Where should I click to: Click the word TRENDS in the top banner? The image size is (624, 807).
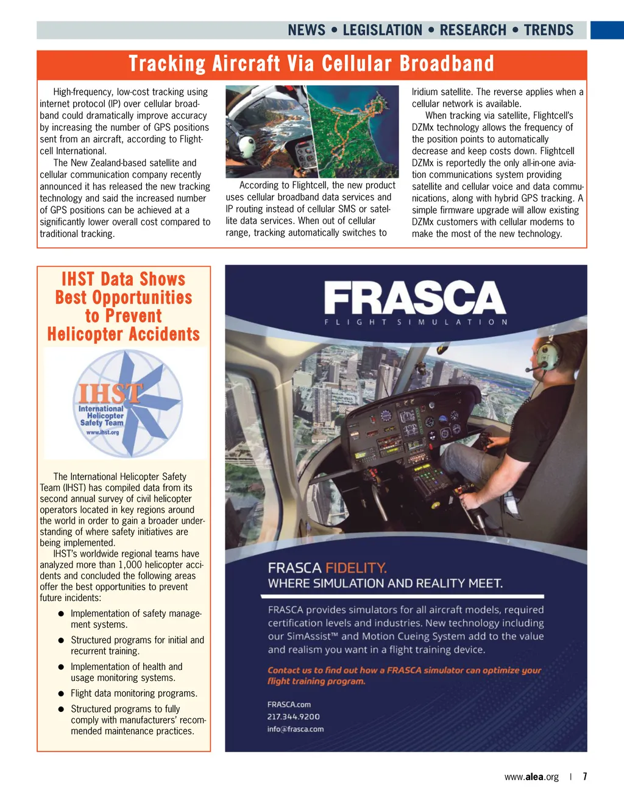click(548, 30)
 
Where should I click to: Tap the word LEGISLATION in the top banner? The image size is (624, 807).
click(382, 30)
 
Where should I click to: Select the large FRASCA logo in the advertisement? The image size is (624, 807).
click(414, 298)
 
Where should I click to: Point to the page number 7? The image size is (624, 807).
click(584, 777)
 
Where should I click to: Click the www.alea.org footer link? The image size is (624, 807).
click(531, 777)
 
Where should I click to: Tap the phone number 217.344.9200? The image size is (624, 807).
click(293, 717)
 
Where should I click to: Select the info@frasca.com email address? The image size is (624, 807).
click(296, 729)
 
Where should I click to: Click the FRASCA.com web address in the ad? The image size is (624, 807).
click(289, 705)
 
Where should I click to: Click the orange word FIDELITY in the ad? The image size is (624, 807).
click(356, 568)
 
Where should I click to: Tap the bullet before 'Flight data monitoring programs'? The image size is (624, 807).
click(61, 694)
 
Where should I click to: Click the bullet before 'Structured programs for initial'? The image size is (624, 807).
click(61, 641)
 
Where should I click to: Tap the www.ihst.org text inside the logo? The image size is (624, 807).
click(102, 432)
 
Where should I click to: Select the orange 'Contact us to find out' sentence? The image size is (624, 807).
click(404, 675)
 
